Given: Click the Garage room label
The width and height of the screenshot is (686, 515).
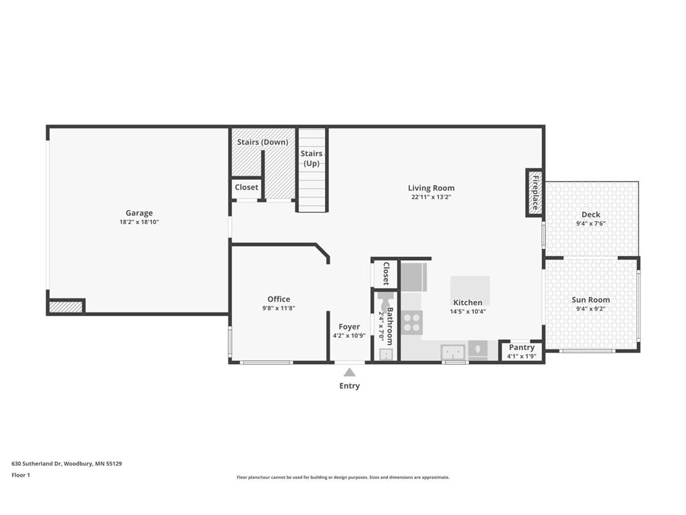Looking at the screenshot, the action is coord(139,213).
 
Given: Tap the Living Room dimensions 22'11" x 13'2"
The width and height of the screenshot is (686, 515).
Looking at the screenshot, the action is coord(431,197).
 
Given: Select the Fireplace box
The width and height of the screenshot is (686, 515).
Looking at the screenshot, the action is coord(535,192).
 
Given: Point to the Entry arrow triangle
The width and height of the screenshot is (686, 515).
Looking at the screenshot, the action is coord(349,372).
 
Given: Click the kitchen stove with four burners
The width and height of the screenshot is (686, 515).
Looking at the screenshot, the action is coord(412,323).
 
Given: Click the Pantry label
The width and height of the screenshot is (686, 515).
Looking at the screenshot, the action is coord(521,347).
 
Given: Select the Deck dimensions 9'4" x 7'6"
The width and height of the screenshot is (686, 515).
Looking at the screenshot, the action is coord(591,224).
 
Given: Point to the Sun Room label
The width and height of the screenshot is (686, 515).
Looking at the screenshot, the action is coord(591,300).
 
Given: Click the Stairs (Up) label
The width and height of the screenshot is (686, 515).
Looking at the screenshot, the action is coord(312,158).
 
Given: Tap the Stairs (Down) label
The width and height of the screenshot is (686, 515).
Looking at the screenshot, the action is coord(263,142).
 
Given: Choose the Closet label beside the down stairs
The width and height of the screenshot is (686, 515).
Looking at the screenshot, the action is coord(247,187).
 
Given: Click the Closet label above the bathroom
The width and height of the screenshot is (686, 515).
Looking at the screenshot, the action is coord(387,274).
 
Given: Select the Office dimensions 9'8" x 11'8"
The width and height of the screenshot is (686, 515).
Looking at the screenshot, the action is coord(279,308).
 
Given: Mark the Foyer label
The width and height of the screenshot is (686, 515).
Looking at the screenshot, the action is coord(349,327).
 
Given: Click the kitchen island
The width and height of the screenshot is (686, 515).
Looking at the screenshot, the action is coord(470,290).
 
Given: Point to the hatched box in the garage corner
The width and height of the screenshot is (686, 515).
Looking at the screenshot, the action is coord(66,306).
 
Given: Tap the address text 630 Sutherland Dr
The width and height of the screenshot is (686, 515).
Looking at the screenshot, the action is coord(37,463).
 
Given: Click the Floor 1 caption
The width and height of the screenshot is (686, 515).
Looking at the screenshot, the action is coord(21,475).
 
